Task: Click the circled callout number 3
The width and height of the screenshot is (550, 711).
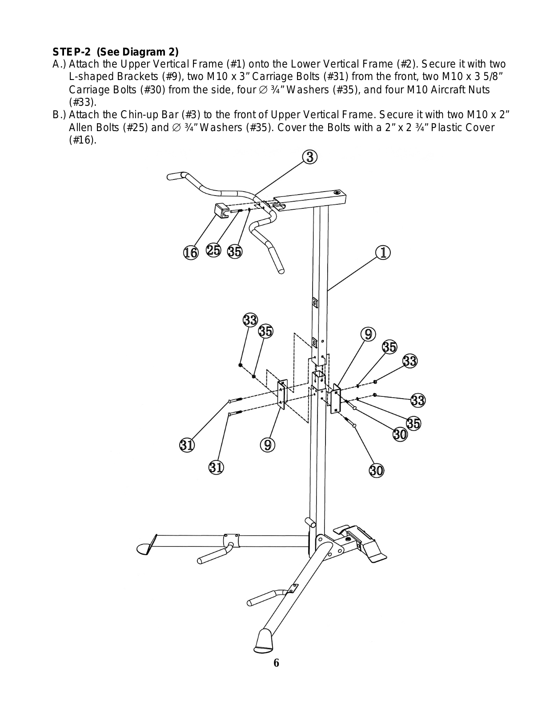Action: tap(310, 157)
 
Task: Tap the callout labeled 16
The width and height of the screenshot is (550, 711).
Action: tap(191, 253)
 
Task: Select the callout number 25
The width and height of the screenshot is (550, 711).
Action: tap(213, 250)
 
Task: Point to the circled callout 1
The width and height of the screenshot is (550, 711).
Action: tap(383, 252)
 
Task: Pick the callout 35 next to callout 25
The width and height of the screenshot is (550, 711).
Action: tap(235, 252)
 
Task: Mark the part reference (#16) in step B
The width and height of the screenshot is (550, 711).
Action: tap(82, 140)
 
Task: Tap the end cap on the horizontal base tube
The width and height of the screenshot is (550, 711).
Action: tap(146, 548)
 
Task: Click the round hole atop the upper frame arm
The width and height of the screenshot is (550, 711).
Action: tap(337, 193)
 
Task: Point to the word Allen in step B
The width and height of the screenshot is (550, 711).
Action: tap(80, 128)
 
